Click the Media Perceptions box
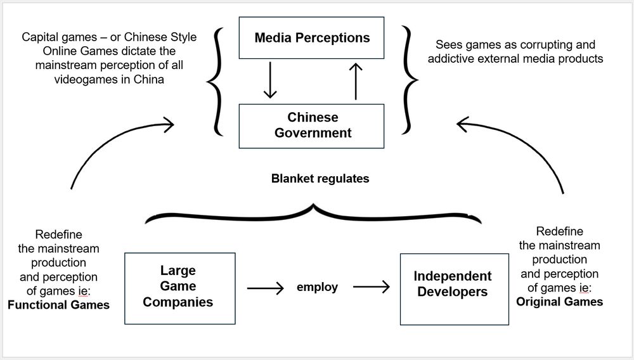(x=311, y=38)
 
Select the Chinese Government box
(x=311, y=125)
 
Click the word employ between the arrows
(x=317, y=287)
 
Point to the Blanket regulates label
(x=320, y=179)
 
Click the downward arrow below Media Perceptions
(x=270, y=80)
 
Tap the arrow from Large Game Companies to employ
(x=266, y=288)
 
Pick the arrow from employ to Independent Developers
(x=372, y=288)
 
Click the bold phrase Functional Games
(x=58, y=305)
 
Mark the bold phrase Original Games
(x=559, y=302)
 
